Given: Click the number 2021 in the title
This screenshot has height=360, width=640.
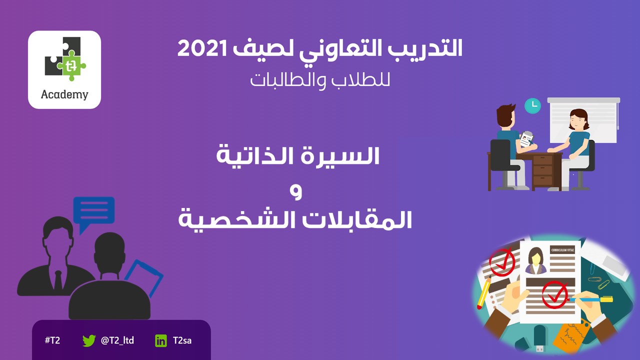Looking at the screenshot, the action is point(202,48).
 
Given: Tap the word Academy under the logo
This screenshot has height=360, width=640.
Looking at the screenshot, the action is point(64,94).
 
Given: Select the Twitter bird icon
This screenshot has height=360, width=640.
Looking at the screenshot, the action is point(89,340).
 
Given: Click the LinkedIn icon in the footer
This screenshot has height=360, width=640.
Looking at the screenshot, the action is point(161,341).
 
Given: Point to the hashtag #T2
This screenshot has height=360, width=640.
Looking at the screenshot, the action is point(52,340).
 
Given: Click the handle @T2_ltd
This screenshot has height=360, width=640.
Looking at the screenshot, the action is point(117,340).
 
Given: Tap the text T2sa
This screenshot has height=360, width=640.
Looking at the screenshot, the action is point(182,340).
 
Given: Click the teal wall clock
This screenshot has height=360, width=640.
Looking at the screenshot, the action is point(532,105).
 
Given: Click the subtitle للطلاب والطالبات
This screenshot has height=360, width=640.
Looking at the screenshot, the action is point(320,80).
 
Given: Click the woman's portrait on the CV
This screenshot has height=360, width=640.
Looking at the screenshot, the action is point(535,260).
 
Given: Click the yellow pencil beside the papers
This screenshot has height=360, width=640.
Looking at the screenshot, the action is point(483,292).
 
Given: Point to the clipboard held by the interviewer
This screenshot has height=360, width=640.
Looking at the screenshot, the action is point(526,139).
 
